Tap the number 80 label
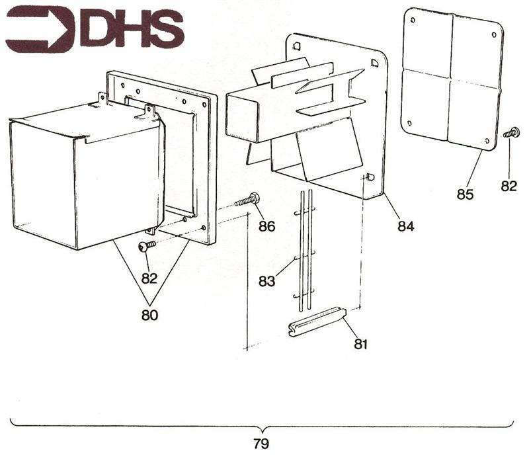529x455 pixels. [x=150, y=315]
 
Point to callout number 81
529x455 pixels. [x=360, y=344]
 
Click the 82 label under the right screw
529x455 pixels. [x=508, y=186]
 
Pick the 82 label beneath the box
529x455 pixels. [x=149, y=278]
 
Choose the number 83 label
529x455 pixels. [x=266, y=281]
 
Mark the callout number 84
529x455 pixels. [x=405, y=226]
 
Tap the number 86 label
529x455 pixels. [x=267, y=226]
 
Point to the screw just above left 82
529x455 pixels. [x=146, y=246]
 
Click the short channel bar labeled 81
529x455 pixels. [x=317, y=321]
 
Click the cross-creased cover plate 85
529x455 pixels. [x=452, y=79]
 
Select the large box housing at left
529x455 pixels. [x=86, y=175]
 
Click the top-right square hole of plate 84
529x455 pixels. [x=375, y=63]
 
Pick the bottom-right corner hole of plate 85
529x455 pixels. [x=487, y=141]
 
